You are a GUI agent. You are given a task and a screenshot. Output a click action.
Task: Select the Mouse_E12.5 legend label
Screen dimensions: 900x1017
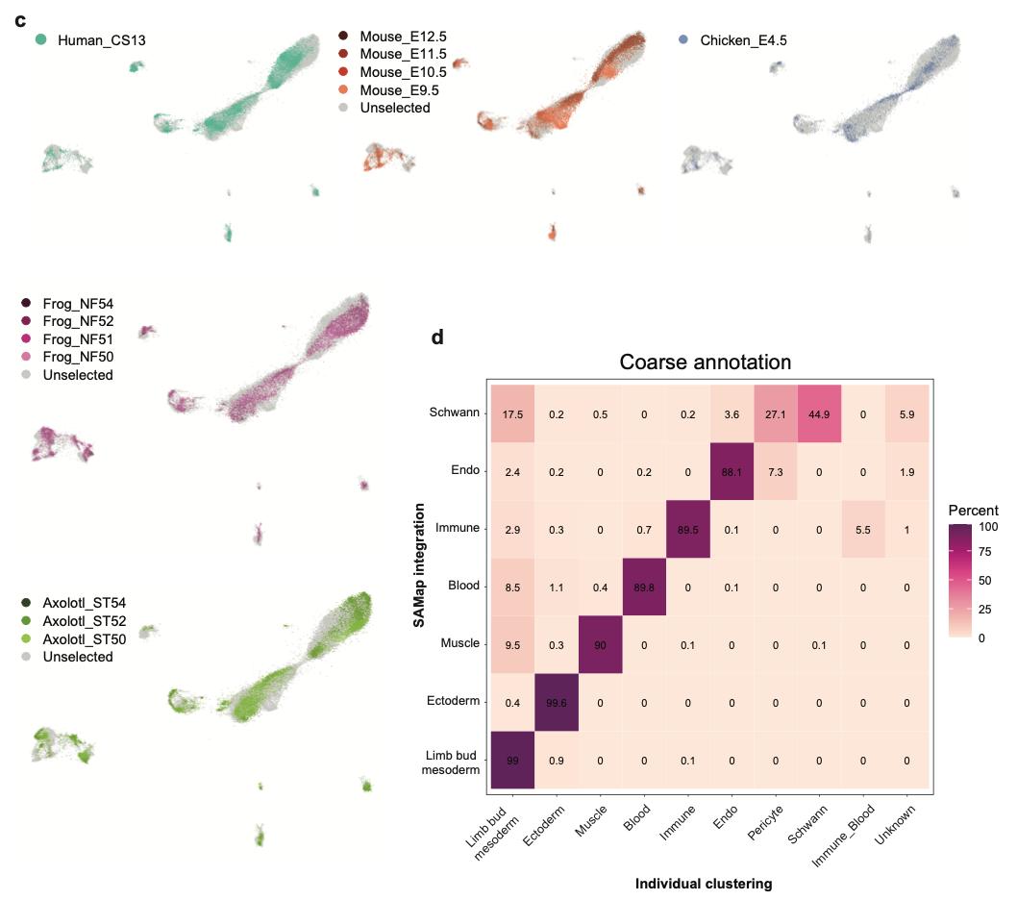(x=403, y=37)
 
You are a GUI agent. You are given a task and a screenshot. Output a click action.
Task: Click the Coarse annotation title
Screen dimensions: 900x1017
(x=706, y=362)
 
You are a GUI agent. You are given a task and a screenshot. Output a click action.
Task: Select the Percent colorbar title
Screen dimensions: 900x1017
(x=973, y=511)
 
